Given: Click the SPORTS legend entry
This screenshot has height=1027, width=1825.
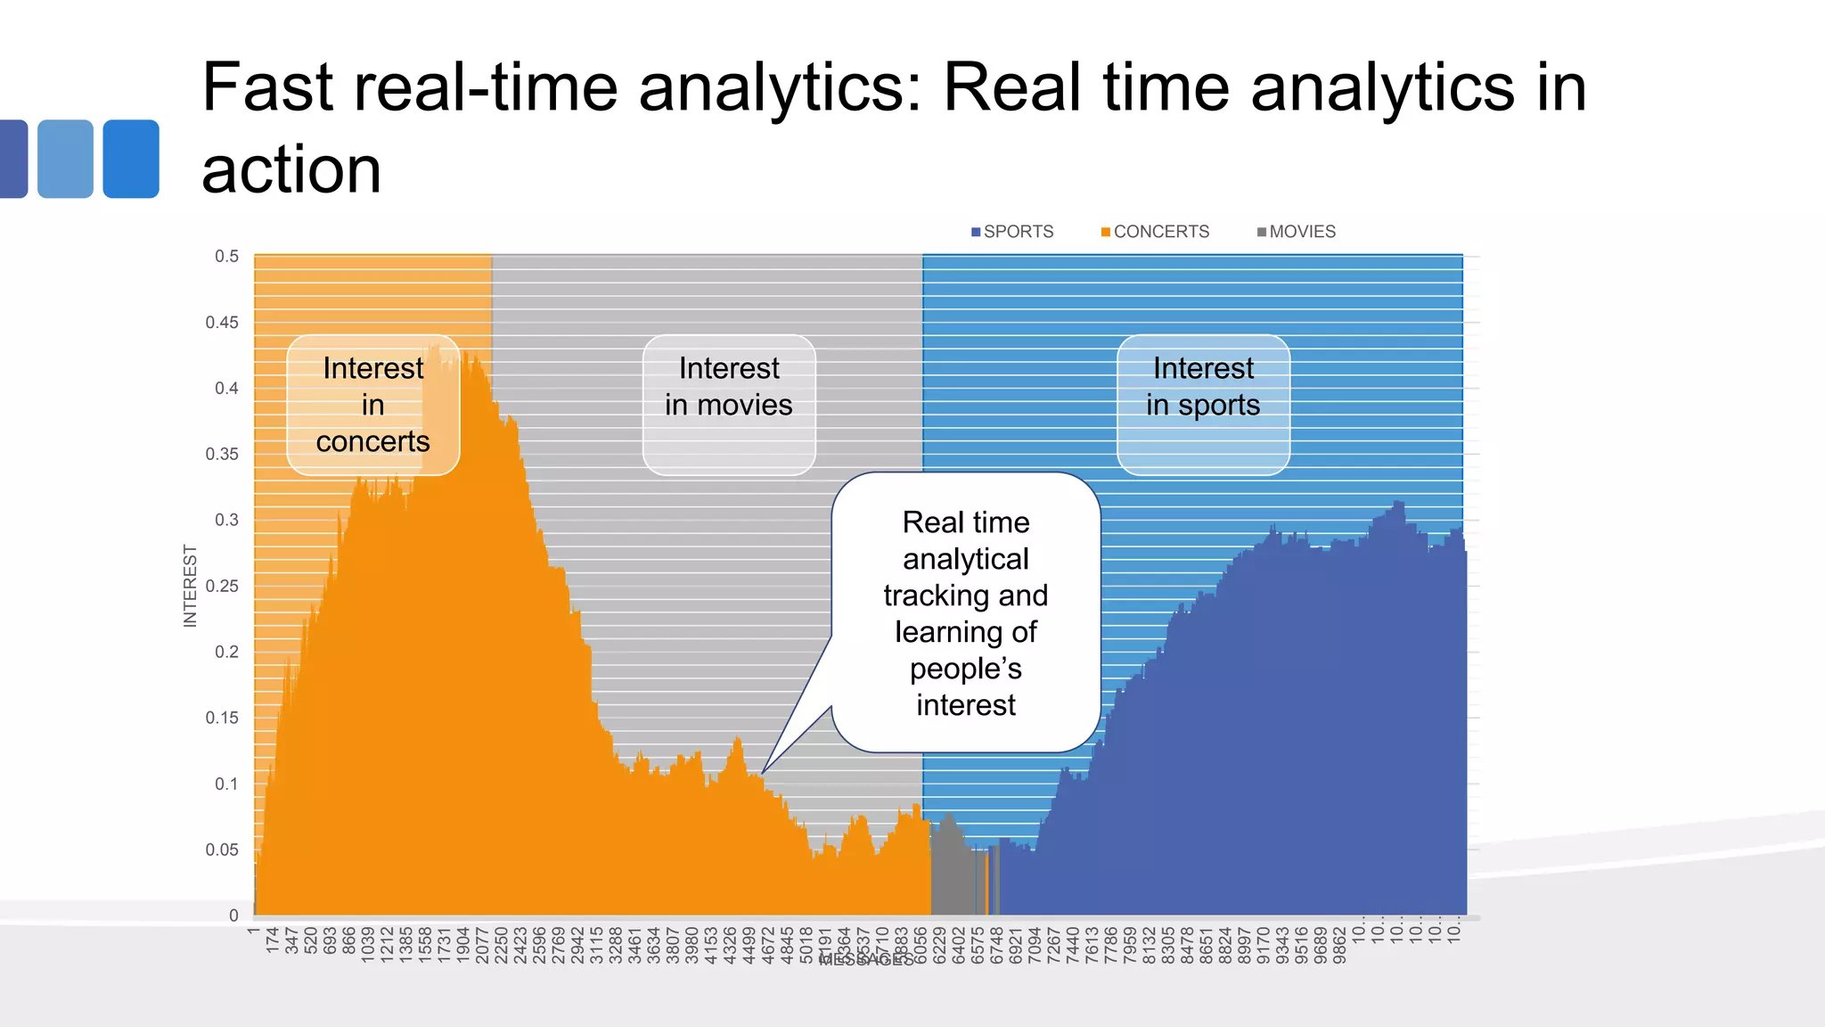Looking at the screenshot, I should pos(1012,232).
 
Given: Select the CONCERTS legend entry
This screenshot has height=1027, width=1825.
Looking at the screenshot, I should pos(1156,232).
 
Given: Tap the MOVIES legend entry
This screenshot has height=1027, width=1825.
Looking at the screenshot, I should pos(1297,232).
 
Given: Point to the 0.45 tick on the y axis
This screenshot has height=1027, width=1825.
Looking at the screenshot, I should pos(222,323).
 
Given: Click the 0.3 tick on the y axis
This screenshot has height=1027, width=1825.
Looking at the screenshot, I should pos(226,521).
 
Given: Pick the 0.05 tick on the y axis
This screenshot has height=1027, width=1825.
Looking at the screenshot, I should pos(222,850).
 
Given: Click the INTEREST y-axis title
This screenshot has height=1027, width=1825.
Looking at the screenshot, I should pos(190,586).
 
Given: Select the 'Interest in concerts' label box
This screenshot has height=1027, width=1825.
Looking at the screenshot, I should pos(372,405).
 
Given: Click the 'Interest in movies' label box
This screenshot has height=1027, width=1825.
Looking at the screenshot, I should pos(728,405).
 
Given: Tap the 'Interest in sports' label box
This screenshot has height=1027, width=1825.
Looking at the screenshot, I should pos(1203,405).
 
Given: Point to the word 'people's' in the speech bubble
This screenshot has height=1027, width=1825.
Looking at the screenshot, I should pos(965,669).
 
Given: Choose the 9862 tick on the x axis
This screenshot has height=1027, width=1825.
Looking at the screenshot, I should pos(1339,945).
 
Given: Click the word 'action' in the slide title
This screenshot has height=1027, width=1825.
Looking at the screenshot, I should pos(291,169).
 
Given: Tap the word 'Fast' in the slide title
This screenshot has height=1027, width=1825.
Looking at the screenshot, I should pos(267,87).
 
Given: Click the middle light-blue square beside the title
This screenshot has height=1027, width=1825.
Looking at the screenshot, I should pos(66,159).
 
